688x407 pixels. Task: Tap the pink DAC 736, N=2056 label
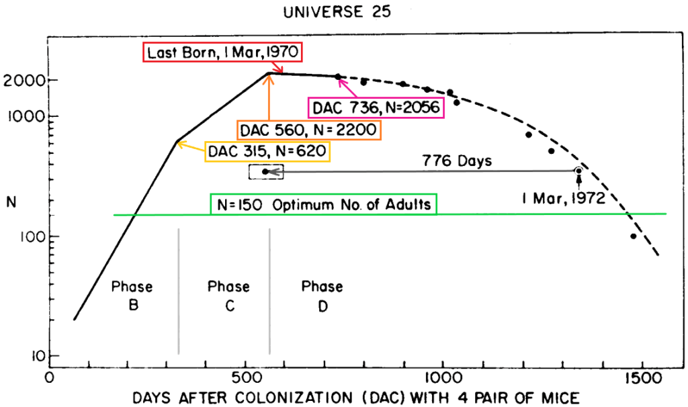[376, 107]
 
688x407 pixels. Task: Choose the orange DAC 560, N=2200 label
[309, 130]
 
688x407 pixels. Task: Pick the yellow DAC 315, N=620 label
[267, 151]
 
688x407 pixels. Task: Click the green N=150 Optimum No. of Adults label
[323, 204]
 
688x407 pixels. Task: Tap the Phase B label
[133, 296]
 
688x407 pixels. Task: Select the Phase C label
[228, 296]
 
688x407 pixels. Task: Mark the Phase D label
[322, 296]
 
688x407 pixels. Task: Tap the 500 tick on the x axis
[246, 377]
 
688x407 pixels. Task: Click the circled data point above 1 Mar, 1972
[578, 171]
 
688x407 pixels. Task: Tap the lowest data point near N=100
[633, 236]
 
